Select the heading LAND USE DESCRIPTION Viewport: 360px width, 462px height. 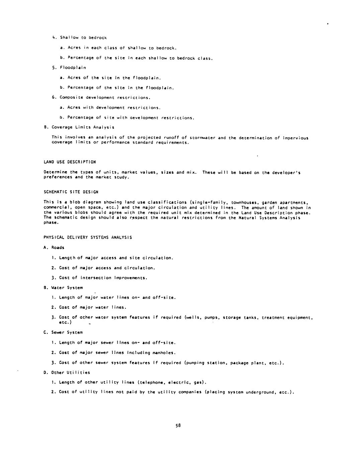point(70,162)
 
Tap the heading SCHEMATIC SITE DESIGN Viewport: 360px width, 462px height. point(71,192)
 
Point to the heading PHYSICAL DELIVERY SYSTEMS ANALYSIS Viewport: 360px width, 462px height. point(88,238)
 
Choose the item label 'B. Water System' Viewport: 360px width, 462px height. point(63,288)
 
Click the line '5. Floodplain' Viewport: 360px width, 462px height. point(69,68)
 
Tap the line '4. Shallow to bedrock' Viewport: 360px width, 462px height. point(79,38)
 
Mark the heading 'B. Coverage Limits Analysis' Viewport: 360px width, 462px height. point(79,127)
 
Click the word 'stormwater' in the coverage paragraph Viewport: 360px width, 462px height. point(202,138)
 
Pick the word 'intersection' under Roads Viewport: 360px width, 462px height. point(96,278)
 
